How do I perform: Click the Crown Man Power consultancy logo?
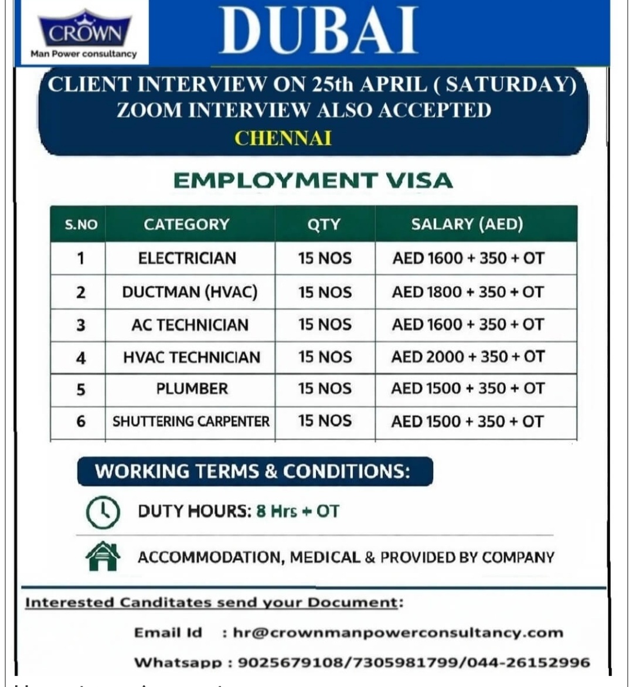[84, 33]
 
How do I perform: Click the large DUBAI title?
[319, 30]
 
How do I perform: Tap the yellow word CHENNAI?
[283, 138]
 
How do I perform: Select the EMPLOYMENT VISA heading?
[313, 181]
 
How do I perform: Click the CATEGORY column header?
[186, 224]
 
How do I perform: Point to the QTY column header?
[324, 224]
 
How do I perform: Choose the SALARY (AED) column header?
[467, 224]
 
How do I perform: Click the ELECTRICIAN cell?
[187, 259]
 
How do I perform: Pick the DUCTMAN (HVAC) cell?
[189, 292]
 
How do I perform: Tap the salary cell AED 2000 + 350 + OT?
[468, 356]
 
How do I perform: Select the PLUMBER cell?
[192, 389]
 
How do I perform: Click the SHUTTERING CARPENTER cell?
[190, 421]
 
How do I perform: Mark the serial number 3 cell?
[81, 325]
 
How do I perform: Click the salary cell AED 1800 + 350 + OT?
[468, 292]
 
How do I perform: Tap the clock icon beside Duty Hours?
[103, 512]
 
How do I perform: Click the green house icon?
[103, 556]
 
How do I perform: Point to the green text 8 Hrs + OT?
[298, 511]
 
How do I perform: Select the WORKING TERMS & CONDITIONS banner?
[254, 472]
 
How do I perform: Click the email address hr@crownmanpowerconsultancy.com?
[398, 632]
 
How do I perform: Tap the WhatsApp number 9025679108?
[290, 662]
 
